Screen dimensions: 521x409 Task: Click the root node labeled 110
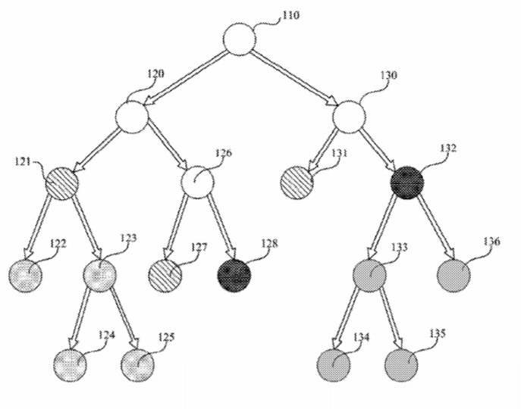pyautogui.click(x=240, y=39)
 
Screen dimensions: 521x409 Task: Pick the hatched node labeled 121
pyautogui.click(x=61, y=183)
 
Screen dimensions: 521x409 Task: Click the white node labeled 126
pyautogui.click(x=197, y=182)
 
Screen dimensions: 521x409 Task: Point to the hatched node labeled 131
pyautogui.click(x=297, y=183)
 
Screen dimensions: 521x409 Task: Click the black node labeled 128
pyautogui.click(x=234, y=275)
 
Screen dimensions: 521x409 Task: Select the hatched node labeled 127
pyautogui.click(x=165, y=275)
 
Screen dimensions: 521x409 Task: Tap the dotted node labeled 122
pyautogui.click(x=26, y=276)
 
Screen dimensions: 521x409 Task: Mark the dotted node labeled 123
pyautogui.click(x=100, y=276)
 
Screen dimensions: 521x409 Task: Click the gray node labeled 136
pyautogui.click(x=454, y=275)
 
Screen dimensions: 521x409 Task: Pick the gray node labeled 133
pyautogui.click(x=369, y=275)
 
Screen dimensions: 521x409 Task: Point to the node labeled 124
pyautogui.click(x=71, y=365)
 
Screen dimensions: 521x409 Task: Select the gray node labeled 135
pyautogui.click(x=401, y=365)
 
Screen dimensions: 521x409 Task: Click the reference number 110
pyautogui.click(x=290, y=15)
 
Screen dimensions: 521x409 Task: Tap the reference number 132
pyautogui.click(x=448, y=148)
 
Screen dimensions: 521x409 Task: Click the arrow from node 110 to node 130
pyautogui.click(x=295, y=78)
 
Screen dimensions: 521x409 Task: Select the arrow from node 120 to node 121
pyautogui.click(x=96, y=151)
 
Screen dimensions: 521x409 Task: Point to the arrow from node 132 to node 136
pyautogui.click(x=437, y=228)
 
